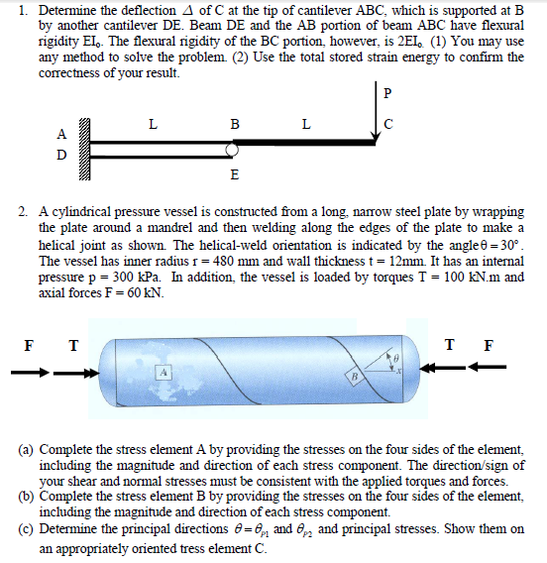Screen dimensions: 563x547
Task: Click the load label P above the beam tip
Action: (x=387, y=94)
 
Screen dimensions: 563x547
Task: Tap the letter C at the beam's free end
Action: (x=387, y=125)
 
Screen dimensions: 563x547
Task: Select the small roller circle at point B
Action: (x=233, y=150)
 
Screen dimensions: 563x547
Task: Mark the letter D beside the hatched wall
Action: (x=62, y=156)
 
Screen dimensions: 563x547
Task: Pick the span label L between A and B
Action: (x=151, y=125)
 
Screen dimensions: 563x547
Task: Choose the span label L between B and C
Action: (x=305, y=125)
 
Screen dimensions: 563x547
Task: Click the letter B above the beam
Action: (x=234, y=125)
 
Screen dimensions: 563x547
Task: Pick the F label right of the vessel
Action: (x=486, y=346)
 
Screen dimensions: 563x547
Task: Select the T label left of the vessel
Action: (x=71, y=346)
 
